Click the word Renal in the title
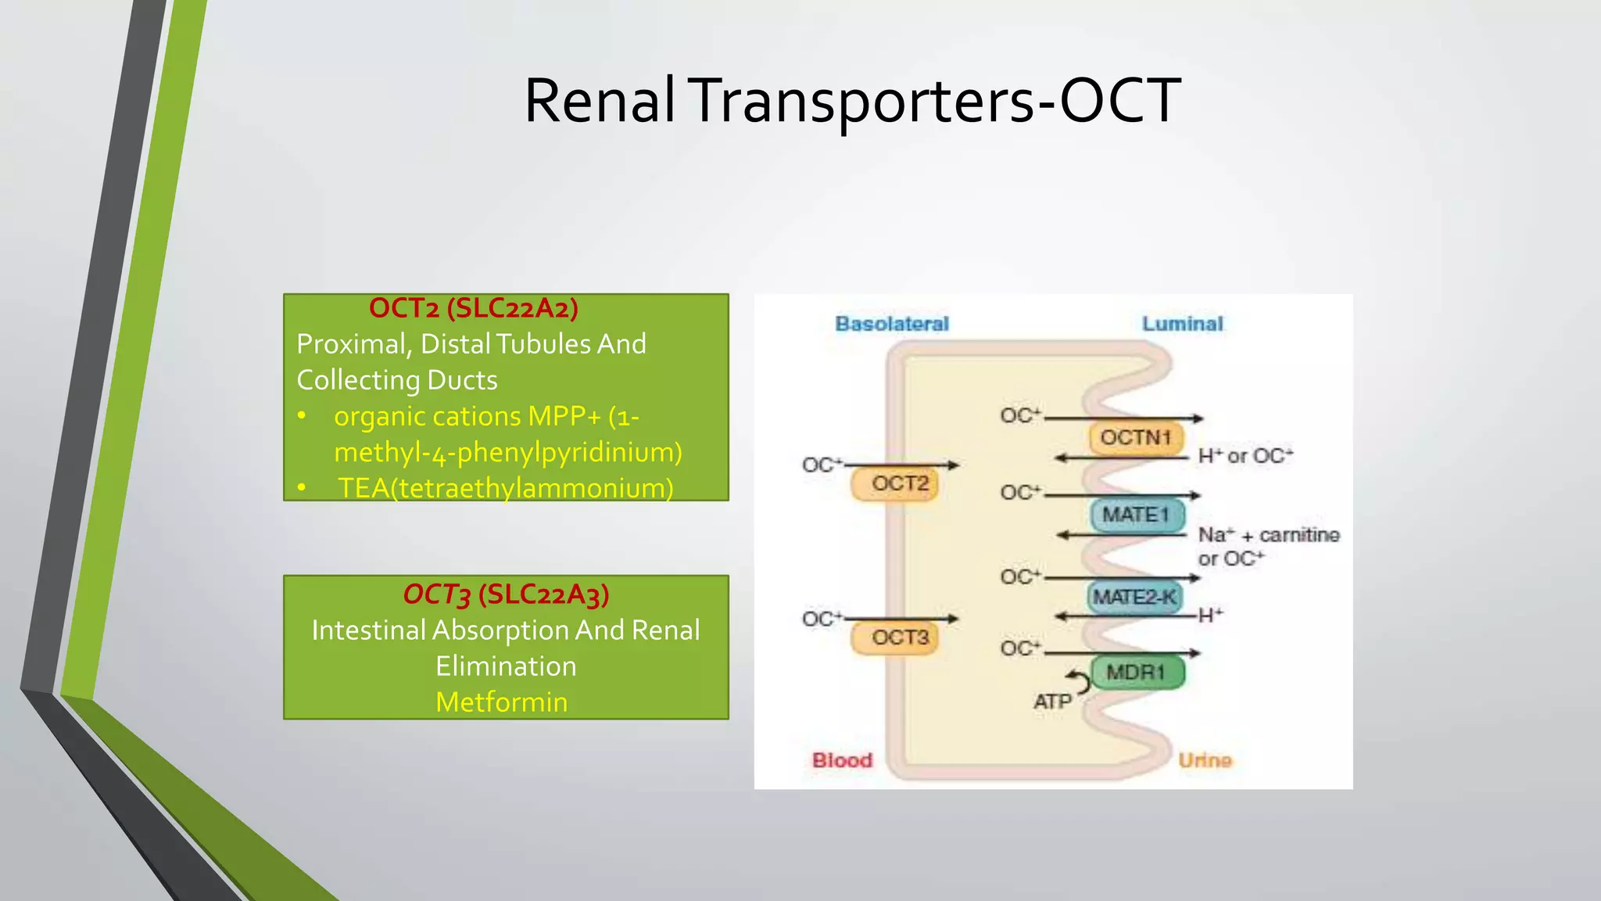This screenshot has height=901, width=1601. pos(599,101)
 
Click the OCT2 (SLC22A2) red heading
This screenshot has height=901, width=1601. pos(473,308)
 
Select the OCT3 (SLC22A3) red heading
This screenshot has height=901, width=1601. pos(506,594)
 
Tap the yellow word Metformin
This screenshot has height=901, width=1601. pos(501,702)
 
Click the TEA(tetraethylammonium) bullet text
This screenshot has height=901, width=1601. pos(505,488)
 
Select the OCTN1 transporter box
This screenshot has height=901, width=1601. pos(1136,438)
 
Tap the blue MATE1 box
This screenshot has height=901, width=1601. pos(1137,515)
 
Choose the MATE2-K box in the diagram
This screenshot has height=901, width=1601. pos(1135,598)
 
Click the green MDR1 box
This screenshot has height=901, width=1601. pos(1137,673)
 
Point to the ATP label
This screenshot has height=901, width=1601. pos(1052,702)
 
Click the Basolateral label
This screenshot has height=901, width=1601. pos(891,324)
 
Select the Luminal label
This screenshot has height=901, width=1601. pos(1182,324)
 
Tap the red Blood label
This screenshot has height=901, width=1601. pos(842,760)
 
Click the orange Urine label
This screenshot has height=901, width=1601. pos(1205,760)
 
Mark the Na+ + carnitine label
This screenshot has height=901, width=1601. pos(1268,536)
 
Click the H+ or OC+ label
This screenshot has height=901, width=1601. pos(1245,456)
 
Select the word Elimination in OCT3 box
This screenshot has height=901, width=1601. pos(506,666)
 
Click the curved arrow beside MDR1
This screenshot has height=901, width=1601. pos(1080,681)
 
